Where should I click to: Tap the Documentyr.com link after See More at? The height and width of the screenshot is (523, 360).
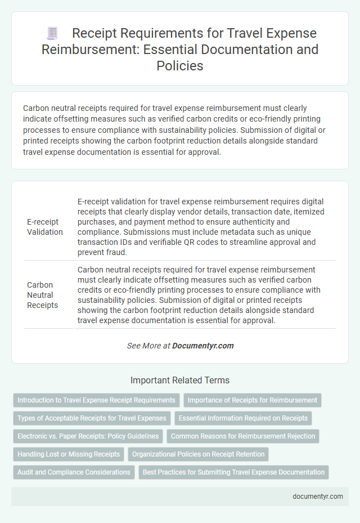pyautogui.click(x=203, y=346)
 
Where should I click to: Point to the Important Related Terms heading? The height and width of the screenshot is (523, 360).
pyautogui.click(x=179, y=380)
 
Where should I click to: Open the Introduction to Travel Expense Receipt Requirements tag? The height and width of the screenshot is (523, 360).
pyautogui.click(x=96, y=400)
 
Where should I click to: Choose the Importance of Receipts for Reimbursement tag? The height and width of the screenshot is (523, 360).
pyautogui.click(x=253, y=400)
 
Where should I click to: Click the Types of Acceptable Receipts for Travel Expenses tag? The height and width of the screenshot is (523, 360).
pyautogui.click(x=92, y=418)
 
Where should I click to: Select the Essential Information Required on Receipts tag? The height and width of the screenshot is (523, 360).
pyautogui.click(x=244, y=418)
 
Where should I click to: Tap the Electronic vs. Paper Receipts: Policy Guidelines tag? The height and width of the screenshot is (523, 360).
pyautogui.click(x=87, y=436)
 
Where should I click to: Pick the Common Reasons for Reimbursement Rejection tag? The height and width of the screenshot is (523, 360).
pyautogui.click(x=243, y=436)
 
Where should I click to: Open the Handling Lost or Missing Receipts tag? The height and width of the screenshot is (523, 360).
pyautogui.click(x=69, y=454)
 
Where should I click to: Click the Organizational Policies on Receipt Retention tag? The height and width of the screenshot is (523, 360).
pyautogui.click(x=199, y=454)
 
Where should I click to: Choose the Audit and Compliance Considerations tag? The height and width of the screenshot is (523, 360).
pyautogui.click(x=74, y=472)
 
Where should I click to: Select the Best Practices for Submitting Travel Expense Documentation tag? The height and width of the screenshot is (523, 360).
pyautogui.click(x=233, y=472)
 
